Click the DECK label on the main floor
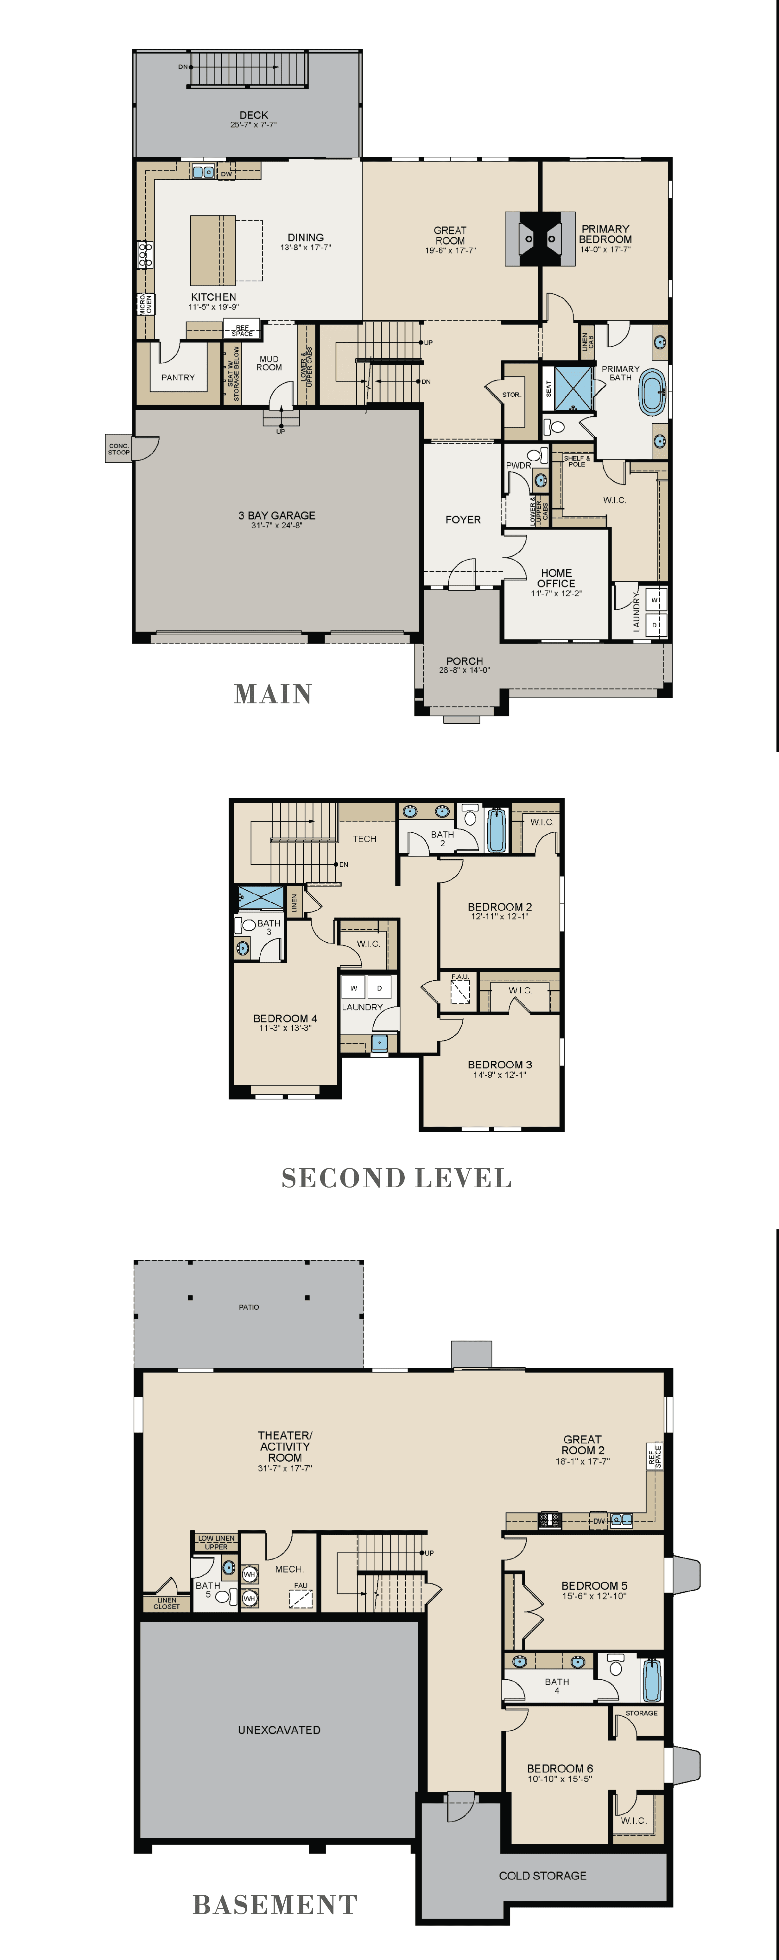tap(253, 115)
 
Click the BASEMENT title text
tap(275, 1905)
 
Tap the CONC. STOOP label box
tap(119, 449)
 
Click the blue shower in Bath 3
tap(261, 898)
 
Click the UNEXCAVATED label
tap(279, 1729)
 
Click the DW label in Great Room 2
tap(599, 1521)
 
